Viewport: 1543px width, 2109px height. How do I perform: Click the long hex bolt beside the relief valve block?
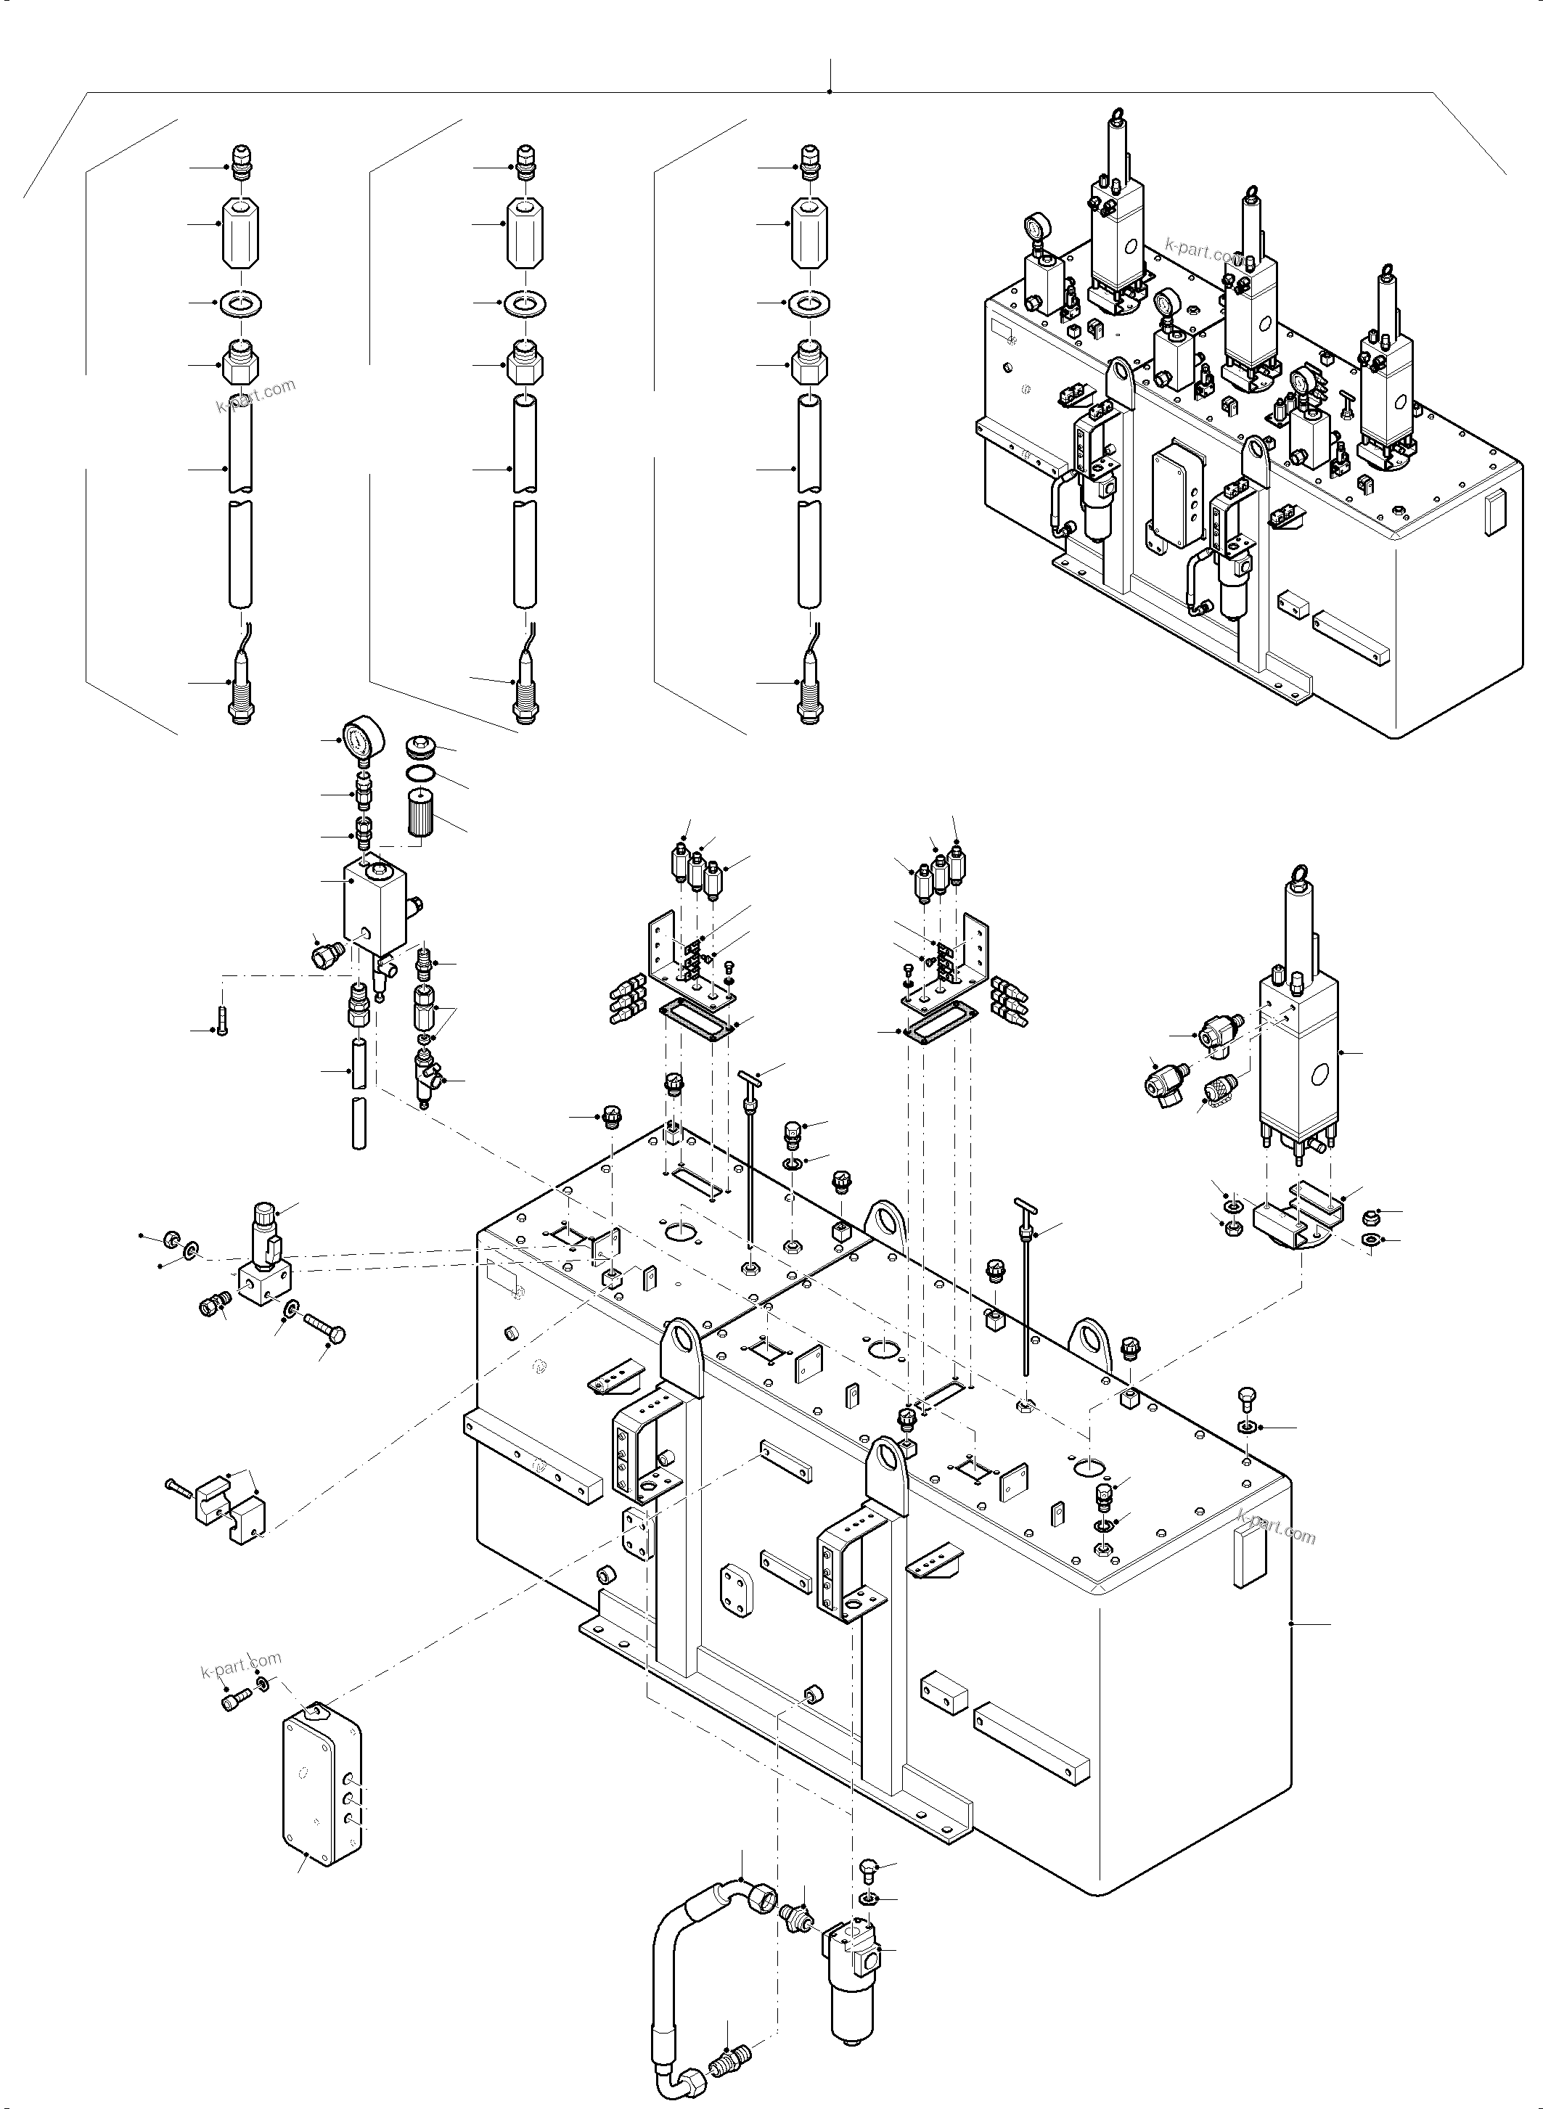(324, 1327)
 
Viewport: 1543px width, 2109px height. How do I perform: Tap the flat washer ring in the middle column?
(525, 303)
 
